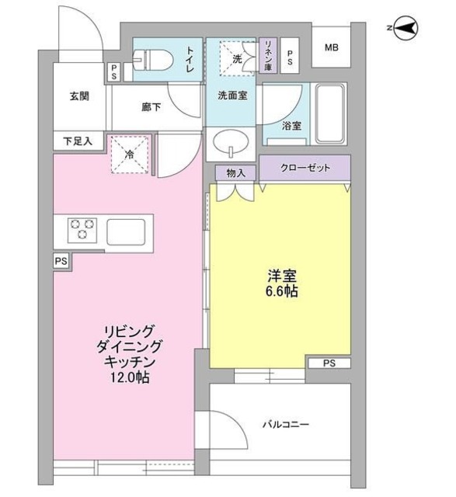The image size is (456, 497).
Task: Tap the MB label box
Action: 332,48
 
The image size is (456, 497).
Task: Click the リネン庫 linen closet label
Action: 267,57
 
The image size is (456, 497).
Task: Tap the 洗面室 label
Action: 232,97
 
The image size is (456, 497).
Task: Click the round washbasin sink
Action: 231,144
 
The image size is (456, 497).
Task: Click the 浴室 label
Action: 291,125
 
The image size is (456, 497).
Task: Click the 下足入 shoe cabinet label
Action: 78,142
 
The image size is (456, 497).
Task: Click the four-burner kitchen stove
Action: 82,230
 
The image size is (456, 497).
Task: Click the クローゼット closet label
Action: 305,167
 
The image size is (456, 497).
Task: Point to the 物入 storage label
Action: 235,172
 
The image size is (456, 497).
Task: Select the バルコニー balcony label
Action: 285,424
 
